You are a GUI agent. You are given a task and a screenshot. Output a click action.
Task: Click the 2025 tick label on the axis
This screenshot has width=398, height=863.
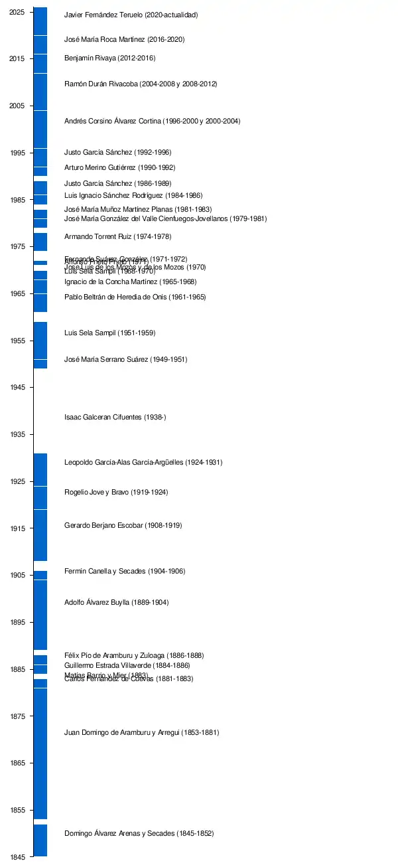pyautogui.click(x=18, y=12)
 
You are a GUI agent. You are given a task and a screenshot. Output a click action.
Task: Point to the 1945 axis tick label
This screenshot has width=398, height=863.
pyautogui.click(x=18, y=388)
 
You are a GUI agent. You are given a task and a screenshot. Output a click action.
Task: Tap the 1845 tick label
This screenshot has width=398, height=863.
pyautogui.click(x=18, y=857)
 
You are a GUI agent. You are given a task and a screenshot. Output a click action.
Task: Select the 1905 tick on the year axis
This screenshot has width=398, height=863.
pyautogui.click(x=18, y=576)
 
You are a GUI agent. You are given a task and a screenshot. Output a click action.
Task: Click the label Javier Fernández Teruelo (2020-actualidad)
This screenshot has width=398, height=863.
pyautogui.click(x=131, y=15)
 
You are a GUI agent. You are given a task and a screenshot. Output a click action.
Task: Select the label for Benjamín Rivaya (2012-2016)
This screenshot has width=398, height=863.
pyautogui.click(x=109, y=58)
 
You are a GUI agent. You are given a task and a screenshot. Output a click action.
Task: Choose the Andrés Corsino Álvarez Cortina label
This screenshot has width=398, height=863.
pyautogui.click(x=152, y=121)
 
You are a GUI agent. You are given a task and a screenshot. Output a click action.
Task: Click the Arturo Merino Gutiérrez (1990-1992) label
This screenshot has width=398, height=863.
pyautogui.click(x=119, y=168)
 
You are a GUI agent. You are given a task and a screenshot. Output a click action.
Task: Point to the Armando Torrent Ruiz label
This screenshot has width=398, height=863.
pyautogui.click(x=117, y=237)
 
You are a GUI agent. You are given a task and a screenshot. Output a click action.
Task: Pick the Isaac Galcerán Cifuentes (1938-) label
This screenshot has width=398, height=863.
pyautogui.click(x=115, y=418)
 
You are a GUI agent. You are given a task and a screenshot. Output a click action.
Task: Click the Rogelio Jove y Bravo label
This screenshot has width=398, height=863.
pyautogui.click(x=115, y=493)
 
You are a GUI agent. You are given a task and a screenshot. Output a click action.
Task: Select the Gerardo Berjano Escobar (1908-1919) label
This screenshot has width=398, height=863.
pyautogui.click(x=123, y=526)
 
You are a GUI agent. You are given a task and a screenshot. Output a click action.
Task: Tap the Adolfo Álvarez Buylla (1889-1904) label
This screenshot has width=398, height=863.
pyautogui.click(x=116, y=603)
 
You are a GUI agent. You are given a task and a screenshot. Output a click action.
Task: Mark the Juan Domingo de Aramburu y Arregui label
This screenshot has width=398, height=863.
pyautogui.click(x=141, y=733)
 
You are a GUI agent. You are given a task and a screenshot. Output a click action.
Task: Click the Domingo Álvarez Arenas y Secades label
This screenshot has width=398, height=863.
pyautogui.click(x=139, y=833)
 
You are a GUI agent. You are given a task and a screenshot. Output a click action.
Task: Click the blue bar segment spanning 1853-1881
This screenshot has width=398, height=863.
pyautogui.click(x=40, y=753)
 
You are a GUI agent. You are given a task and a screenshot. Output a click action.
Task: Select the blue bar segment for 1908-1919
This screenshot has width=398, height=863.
pyautogui.click(x=40, y=535)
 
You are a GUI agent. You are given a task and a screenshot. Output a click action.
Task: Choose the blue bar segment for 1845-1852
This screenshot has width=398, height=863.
pyautogui.click(x=40, y=840)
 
